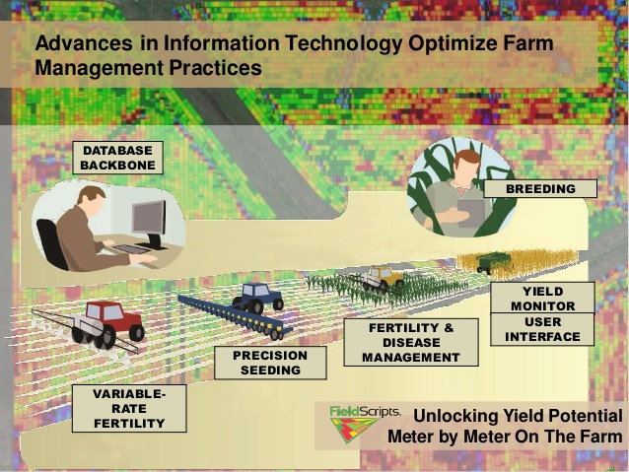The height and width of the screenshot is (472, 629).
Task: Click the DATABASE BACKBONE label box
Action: point(117,158)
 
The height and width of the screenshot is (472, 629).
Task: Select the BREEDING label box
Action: point(540,188)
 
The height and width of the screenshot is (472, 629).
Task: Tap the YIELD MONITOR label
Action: point(543,298)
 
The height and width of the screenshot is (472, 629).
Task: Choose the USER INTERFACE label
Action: point(543,329)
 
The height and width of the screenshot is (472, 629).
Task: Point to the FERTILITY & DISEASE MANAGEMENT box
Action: point(411,343)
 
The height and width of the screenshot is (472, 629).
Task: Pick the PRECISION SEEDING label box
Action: point(270,363)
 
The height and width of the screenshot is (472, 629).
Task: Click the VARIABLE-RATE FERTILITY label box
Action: point(129,408)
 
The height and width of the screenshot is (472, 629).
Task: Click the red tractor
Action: point(107,324)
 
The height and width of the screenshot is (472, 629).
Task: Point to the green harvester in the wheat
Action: point(493,262)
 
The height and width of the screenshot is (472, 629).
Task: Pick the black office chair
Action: point(52,243)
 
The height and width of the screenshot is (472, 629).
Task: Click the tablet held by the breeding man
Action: point(471,214)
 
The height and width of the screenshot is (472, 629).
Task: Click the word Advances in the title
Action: point(84,43)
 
